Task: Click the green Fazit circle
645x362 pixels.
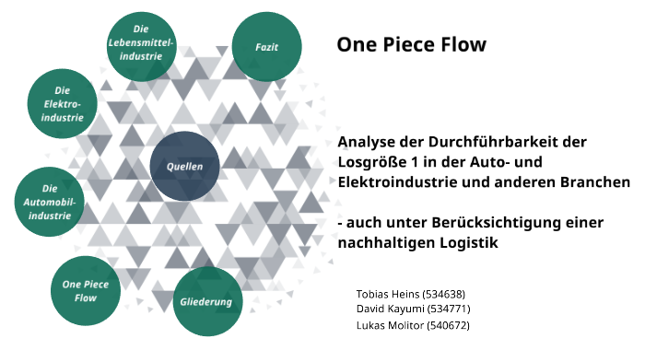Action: (265, 46)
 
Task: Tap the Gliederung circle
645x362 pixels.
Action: (208, 302)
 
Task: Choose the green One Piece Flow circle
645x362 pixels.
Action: (86, 291)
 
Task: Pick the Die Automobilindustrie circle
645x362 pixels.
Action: (50, 202)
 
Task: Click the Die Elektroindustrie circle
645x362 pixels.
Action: (63, 104)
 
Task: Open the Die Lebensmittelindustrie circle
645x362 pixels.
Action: (141, 43)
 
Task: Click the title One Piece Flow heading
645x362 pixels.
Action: (410, 44)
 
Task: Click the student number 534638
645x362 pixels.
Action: (446, 293)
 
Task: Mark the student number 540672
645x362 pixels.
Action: (449, 325)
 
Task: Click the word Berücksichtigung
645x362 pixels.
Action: (493, 223)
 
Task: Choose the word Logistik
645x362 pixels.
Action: (465, 243)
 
